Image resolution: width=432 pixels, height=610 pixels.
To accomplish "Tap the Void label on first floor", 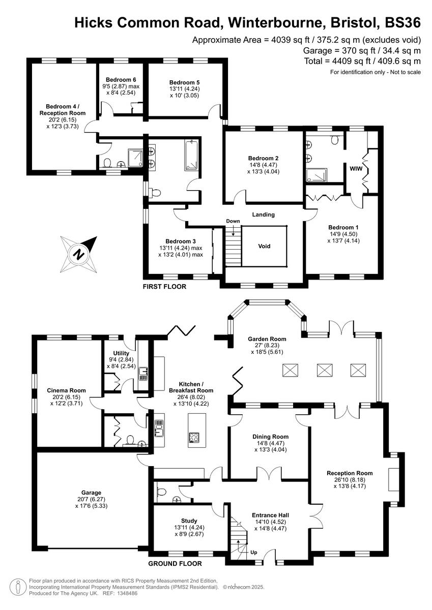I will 264,246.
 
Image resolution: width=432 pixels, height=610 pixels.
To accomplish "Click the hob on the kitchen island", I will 194,437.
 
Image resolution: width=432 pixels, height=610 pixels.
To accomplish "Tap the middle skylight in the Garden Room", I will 324,370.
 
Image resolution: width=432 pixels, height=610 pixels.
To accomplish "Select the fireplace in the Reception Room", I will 393,479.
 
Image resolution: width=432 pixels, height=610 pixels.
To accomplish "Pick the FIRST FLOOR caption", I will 165,287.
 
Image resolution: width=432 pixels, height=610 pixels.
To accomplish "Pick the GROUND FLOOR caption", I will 175,563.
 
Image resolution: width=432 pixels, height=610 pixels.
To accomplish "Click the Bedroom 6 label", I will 121,80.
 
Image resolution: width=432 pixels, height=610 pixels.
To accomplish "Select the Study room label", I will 189,521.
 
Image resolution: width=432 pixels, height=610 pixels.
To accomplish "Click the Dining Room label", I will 271,437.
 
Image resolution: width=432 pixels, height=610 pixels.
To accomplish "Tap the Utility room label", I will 122,353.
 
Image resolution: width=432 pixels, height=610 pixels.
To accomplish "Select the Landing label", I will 264,215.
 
